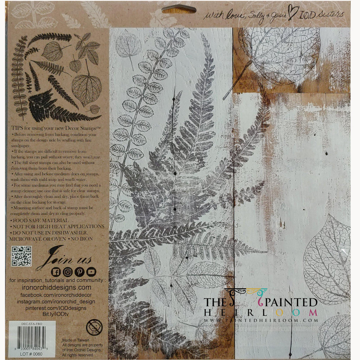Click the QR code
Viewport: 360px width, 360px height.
tap(21, 256)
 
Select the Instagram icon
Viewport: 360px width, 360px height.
tap(68, 272)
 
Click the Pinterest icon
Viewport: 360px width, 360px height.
tap(79, 272)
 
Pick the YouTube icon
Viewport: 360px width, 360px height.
tap(91, 272)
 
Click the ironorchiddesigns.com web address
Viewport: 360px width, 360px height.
tap(57, 287)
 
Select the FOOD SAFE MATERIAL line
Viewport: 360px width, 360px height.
tap(39, 221)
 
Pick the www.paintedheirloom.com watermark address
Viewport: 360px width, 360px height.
tap(261, 320)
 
